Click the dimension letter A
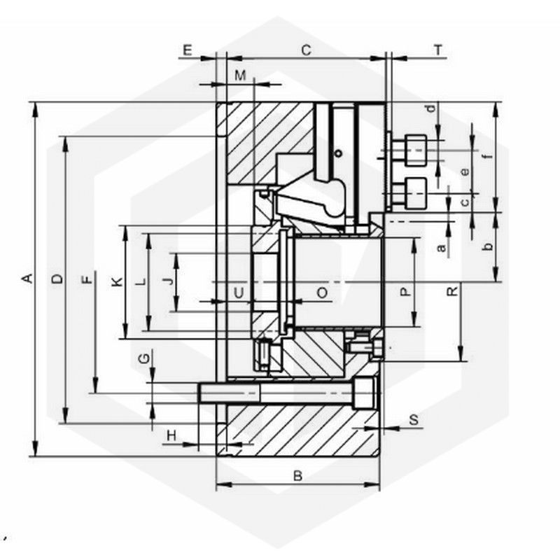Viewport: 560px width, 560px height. coord(28,278)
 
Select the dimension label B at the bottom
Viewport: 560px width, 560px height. coord(298,476)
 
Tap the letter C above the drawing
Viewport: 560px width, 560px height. coord(306,50)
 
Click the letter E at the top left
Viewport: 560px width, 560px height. coord(187,50)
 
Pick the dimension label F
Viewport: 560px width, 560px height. coord(87,279)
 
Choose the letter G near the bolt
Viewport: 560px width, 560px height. coord(144,358)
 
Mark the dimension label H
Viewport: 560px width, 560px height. coord(171,435)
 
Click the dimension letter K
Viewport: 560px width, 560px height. coord(117,282)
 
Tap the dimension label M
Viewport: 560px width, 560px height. coord(241,76)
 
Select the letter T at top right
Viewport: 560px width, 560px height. coord(438,50)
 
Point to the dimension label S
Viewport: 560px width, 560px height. coord(414,419)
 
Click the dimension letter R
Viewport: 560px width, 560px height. coord(452,291)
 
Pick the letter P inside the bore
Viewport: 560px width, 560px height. coord(405,292)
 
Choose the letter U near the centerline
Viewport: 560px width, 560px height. coord(239,293)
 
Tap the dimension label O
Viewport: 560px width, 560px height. coord(322,293)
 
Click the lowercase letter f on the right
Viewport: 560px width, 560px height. coord(488,155)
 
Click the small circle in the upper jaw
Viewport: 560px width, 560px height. coord(338,153)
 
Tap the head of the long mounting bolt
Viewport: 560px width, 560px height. coord(365,393)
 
